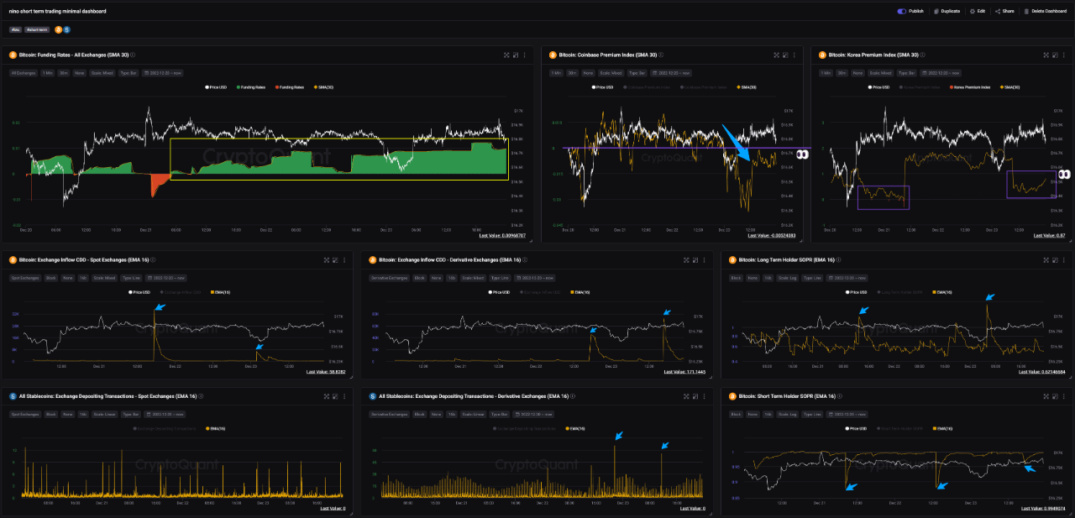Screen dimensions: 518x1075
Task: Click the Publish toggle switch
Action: [x=901, y=12]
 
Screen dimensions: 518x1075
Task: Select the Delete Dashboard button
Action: [x=1044, y=12]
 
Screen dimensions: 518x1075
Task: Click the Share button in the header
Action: [x=1005, y=12]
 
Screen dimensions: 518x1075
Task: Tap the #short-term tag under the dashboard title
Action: [x=37, y=29]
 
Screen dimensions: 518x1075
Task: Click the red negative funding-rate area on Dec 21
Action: [x=159, y=183]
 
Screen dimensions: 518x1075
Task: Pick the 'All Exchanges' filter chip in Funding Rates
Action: [x=23, y=73]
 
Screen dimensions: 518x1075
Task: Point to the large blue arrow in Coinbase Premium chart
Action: [x=742, y=146]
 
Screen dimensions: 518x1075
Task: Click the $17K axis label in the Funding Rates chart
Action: [x=517, y=111]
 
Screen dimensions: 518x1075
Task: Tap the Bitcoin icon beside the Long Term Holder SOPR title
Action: [x=732, y=259]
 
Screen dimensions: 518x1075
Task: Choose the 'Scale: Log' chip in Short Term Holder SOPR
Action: [x=788, y=414]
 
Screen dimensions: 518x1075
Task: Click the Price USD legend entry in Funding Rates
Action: [x=218, y=87]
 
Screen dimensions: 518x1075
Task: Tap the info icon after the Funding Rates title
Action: [x=133, y=55]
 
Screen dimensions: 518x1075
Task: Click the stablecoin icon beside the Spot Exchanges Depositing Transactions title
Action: [x=13, y=396]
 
